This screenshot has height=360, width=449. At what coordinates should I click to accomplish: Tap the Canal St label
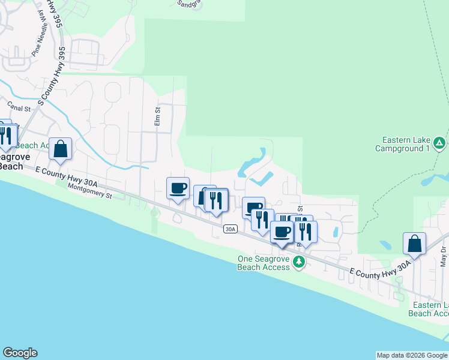pyautogui.click(x=19, y=109)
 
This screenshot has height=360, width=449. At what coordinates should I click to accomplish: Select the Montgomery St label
pyautogui.click(x=90, y=191)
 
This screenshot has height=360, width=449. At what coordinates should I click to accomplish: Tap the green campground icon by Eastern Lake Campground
pyautogui.click(x=439, y=143)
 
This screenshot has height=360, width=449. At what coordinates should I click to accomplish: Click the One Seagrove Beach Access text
pyautogui.click(x=264, y=262)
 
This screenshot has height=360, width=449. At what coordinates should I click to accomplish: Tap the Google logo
pyautogui.click(x=20, y=353)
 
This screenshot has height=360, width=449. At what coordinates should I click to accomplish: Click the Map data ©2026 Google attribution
pyautogui.click(x=412, y=355)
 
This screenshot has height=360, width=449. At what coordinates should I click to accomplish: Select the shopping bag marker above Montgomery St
pyautogui.click(x=61, y=149)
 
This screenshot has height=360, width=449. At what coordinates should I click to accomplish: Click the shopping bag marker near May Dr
pyautogui.click(x=414, y=244)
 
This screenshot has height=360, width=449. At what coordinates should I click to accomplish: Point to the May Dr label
pyautogui.click(x=444, y=256)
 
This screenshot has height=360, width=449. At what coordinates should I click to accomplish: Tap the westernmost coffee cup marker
pyautogui.click(x=178, y=188)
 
